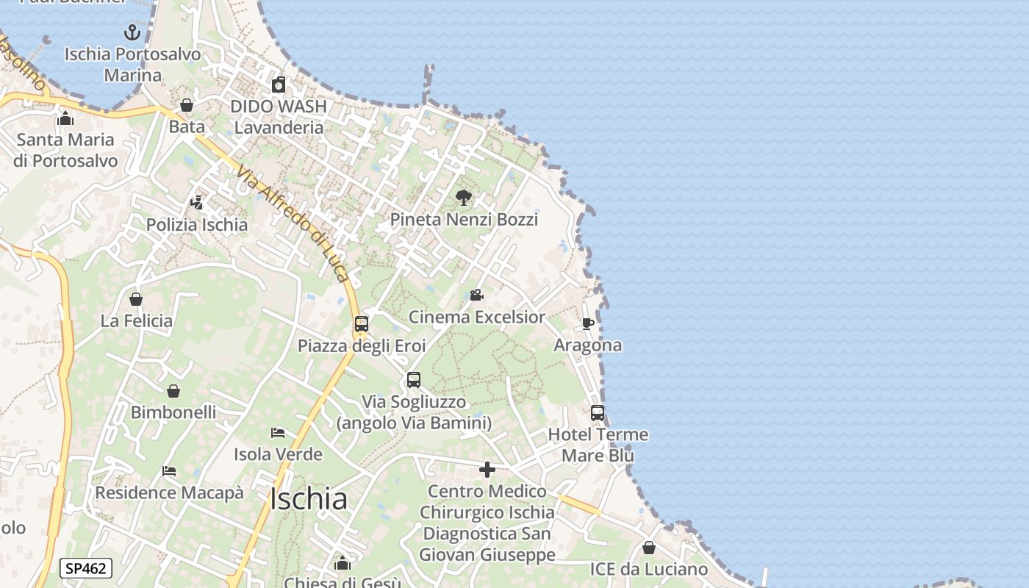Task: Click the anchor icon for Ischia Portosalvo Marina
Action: pos(132,32)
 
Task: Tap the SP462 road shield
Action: pos(86,568)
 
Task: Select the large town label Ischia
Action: pos(309,499)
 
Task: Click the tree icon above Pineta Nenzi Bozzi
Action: pos(464,197)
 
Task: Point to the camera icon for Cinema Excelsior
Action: pos(476,295)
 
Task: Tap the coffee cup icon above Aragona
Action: pos(588,323)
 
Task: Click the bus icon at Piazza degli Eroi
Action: pos(361,323)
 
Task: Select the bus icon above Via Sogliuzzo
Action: pos(414,380)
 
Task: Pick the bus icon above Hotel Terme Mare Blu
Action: pos(598,412)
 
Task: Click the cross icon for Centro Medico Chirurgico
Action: pos(487,469)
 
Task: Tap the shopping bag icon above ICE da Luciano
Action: pos(648,548)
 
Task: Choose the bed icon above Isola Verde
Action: pos(278,432)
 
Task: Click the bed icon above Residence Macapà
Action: pos(169,470)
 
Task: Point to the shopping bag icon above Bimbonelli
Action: pos(173,391)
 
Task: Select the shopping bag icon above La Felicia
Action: pos(136,299)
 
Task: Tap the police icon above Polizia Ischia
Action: pos(196,202)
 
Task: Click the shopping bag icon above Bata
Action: pos(187,105)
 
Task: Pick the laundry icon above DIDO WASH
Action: pos(278,85)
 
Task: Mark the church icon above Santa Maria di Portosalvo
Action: pos(65,118)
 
